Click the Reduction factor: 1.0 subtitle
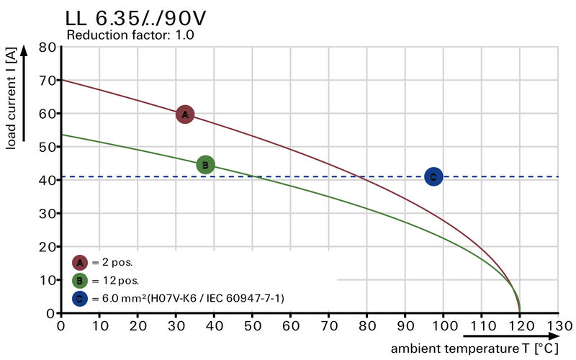click(130, 35)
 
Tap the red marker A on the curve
click(185, 114)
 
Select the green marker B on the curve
click(205, 165)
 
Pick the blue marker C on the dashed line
click(433, 176)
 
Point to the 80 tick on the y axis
click(47, 48)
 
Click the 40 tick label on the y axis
click(47, 180)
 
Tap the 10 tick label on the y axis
click(47, 280)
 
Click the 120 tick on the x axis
click(519, 326)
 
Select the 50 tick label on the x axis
click(252, 326)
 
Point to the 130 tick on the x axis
click(557, 326)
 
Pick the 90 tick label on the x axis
click(405, 326)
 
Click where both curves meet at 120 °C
click(519, 312)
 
